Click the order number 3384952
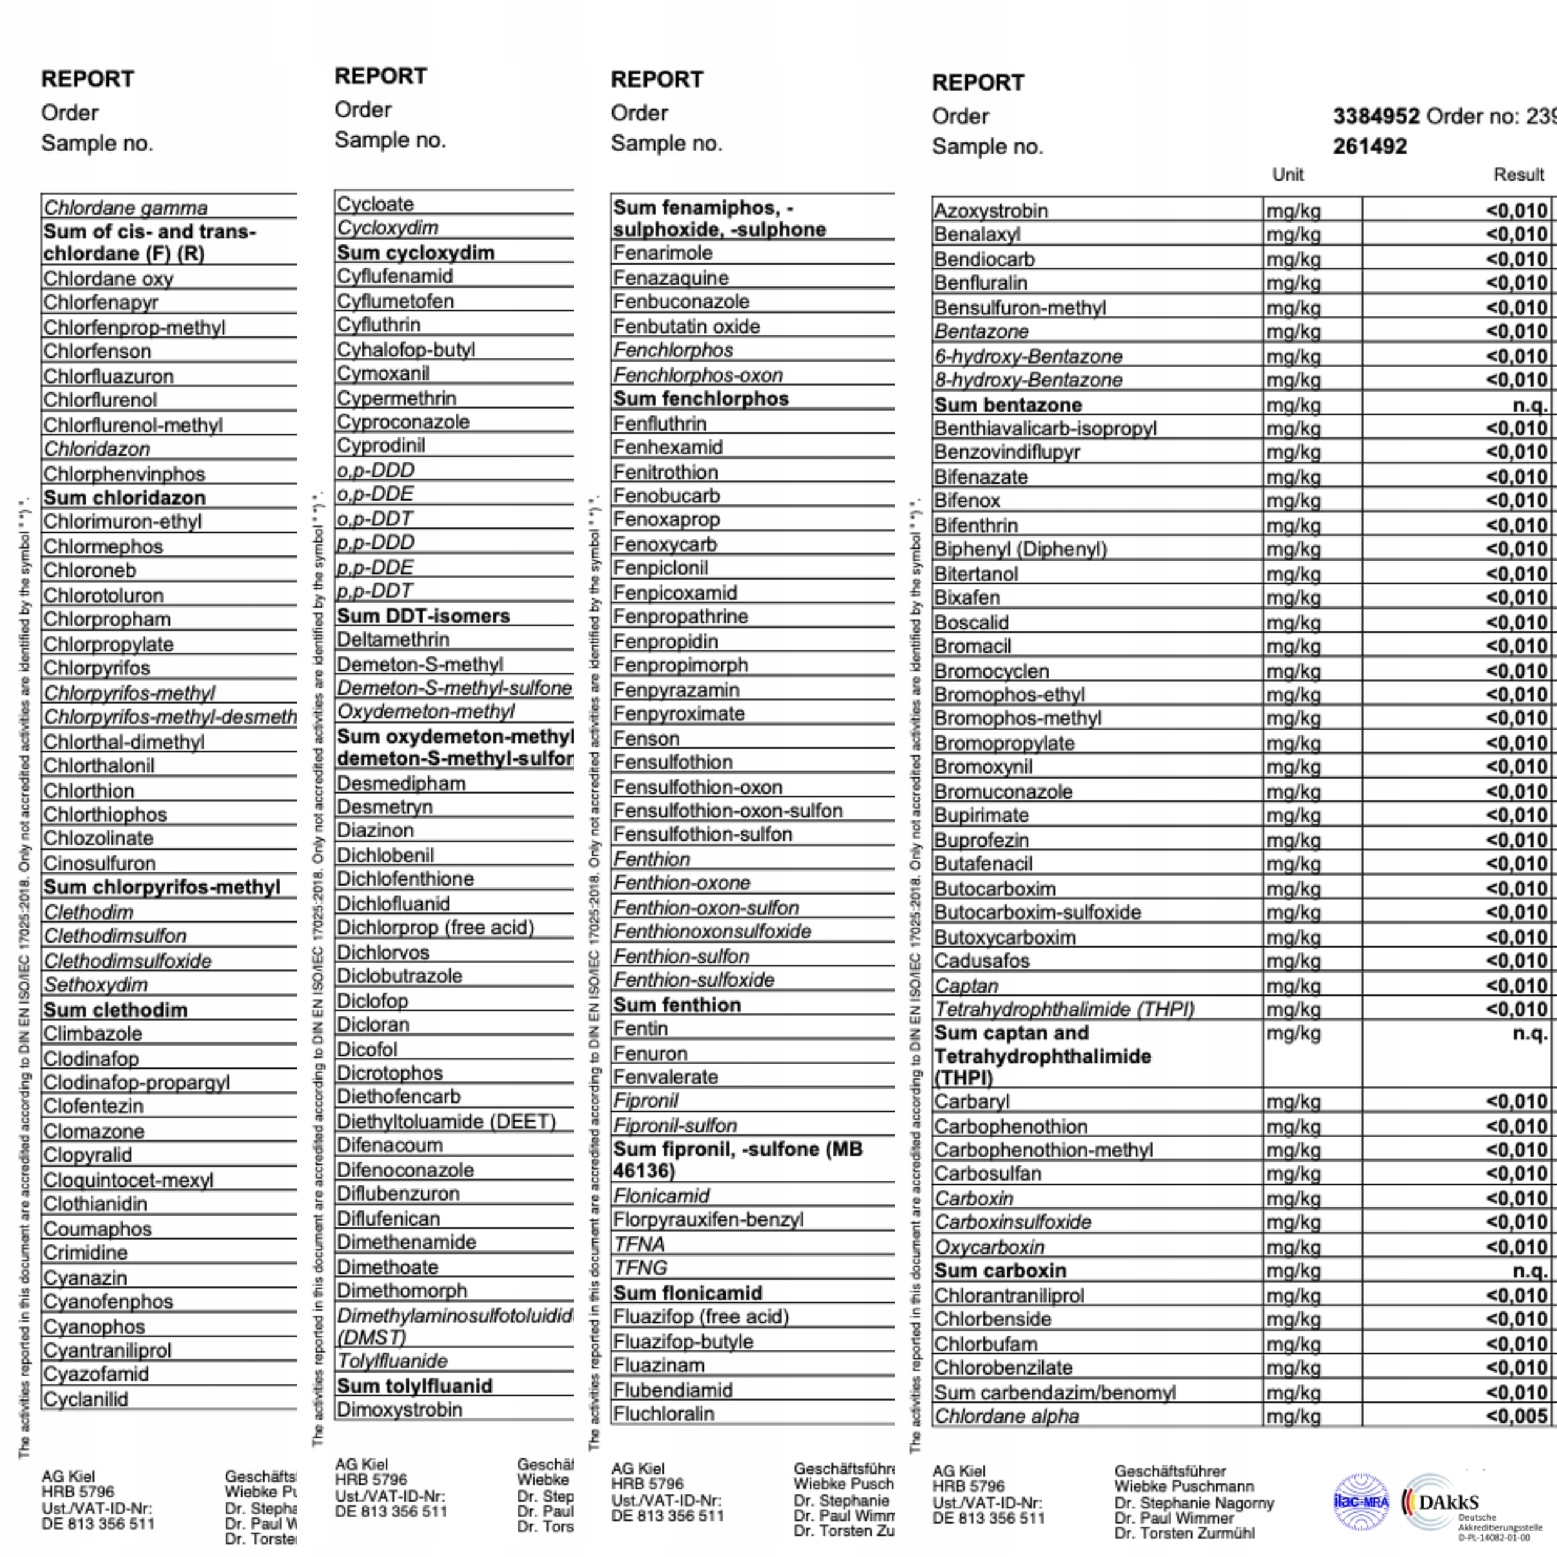click(x=1376, y=116)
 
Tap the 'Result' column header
click(x=1518, y=175)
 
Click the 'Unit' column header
click(x=1288, y=175)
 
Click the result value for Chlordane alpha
click(x=1517, y=1416)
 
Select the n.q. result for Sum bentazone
click(x=1530, y=406)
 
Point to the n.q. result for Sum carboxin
click(x=1530, y=1271)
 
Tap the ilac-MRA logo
click(x=1361, y=1502)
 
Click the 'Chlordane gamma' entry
click(x=126, y=208)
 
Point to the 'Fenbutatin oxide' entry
click(x=686, y=327)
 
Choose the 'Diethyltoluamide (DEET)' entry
click(x=446, y=1121)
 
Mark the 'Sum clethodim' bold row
click(x=115, y=1010)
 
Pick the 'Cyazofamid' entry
click(x=96, y=1374)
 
